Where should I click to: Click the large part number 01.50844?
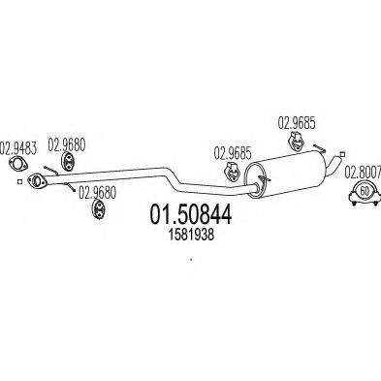tap(191, 215)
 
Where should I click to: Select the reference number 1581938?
tap(191, 235)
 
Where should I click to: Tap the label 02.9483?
tap(18, 148)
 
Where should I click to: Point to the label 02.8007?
tap(363, 173)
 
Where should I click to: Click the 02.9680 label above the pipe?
tap(67, 144)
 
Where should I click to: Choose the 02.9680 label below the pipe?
tap(97, 193)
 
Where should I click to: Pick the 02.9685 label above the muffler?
tap(297, 123)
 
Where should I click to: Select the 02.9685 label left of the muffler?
tap(233, 153)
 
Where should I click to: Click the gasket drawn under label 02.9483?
tap(18, 164)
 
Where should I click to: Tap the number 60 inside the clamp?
tap(365, 191)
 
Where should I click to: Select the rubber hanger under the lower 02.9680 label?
tap(98, 209)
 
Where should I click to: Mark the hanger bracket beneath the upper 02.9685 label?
tap(296, 142)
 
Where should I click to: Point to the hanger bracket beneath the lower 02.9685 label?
tap(233, 173)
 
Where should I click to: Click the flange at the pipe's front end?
tap(37, 180)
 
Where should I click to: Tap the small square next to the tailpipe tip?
tap(342, 154)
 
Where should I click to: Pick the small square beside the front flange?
tap(19, 182)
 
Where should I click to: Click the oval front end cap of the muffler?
tap(255, 180)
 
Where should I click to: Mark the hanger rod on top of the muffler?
tap(320, 147)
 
